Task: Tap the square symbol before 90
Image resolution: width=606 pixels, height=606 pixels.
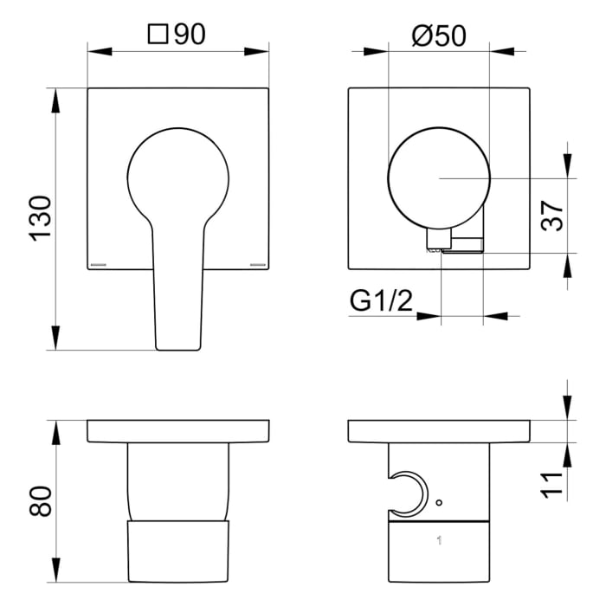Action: tap(158, 35)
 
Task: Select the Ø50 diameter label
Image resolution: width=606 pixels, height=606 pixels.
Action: tap(439, 35)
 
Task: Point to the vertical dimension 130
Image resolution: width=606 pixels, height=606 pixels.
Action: tap(40, 219)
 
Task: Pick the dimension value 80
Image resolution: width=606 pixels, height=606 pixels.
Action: tap(40, 500)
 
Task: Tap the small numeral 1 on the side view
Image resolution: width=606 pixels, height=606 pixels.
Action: tap(440, 541)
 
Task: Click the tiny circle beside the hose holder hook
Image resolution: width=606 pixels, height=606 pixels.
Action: tap(439, 503)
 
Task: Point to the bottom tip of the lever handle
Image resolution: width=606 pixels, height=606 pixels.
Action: tap(178, 347)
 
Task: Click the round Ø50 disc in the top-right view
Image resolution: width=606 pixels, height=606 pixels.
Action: tap(439, 177)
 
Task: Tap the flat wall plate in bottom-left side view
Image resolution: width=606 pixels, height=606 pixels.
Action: tap(178, 431)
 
